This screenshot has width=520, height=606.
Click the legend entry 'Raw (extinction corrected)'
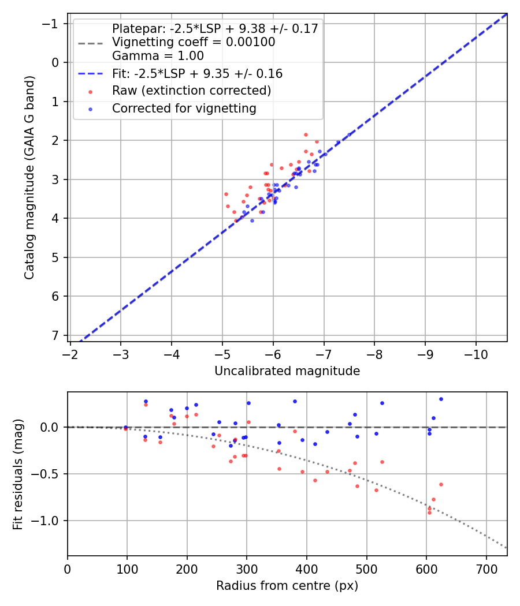(191, 91)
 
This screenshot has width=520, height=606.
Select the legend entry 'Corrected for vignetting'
(184, 108)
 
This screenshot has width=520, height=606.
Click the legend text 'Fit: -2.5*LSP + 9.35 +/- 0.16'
(197, 74)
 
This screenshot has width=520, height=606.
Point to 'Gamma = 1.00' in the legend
(158, 56)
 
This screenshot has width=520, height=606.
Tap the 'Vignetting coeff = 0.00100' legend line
(194, 42)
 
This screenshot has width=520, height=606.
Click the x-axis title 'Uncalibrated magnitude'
(287, 371)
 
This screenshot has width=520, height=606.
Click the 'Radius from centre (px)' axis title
(287, 586)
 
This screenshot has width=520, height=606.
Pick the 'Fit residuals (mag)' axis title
(17, 474)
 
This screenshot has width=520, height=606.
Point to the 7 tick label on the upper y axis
(55, 335)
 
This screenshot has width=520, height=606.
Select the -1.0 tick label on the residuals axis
(48, 521)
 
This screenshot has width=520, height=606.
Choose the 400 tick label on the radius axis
(307, 568)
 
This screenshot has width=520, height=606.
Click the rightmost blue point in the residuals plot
(441, 399)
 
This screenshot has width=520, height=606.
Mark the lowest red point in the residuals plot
(429, 513)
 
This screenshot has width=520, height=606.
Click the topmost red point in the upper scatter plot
(306, 134)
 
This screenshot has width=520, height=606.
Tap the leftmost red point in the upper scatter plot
(226, 194)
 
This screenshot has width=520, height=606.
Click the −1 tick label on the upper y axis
(52, 24)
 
